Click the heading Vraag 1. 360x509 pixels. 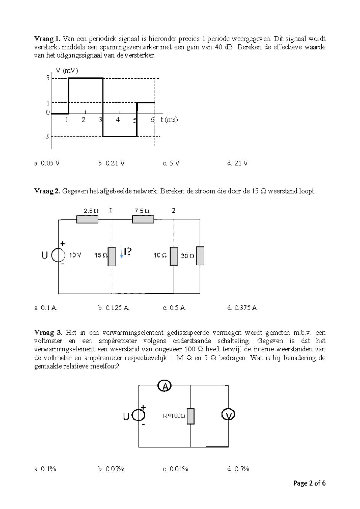pyautogui.click(x=47, y=39)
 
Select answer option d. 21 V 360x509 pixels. pyautogui.click(x=238, y=163)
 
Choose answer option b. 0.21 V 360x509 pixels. pyautogui.click(x=111, y=163)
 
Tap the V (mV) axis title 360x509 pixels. pyautogui.click(x=67, y=71)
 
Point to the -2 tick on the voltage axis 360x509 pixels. pyautogui.click(x=46, y=137)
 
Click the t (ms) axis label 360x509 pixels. pyautogui.click(x=169, y=120)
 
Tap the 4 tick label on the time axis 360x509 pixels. pyautogui.click(x=118, y=120)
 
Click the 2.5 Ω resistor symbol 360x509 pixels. pyautogui.click(x=87, y=219)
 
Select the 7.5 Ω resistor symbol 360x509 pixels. pyautogui.click(x=143, y=219)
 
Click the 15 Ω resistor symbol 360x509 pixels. pyautogui.click(x=112, y=257)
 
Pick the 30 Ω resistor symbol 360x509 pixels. pyautogui.click(x=200, y=256)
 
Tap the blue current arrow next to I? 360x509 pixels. pyautogui.click(x=121, y=251)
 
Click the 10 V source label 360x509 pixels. pyautogui.click(x=75, y=255)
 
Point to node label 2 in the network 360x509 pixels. pyautogui.click(x=174, y=211)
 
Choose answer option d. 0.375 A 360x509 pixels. pyautogui.click(x=242, y=308)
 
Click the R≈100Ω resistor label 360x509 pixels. pyautogui.click(x=174, y=416)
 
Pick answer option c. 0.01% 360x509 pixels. pyautogui.click(x=175, y=469)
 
